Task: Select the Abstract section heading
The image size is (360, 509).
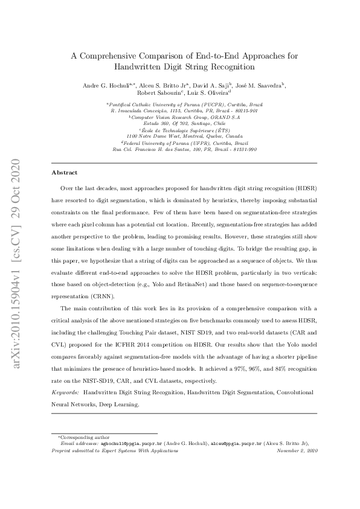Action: [x=65, y=173]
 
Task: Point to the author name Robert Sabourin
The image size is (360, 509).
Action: [x=159, y=94]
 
